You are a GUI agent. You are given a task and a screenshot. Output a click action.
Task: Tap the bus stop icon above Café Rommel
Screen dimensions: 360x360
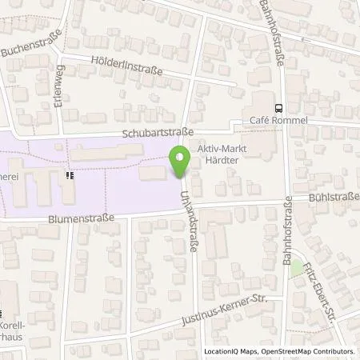278,108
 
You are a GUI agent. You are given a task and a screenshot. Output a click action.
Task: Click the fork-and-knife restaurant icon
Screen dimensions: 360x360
70,174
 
